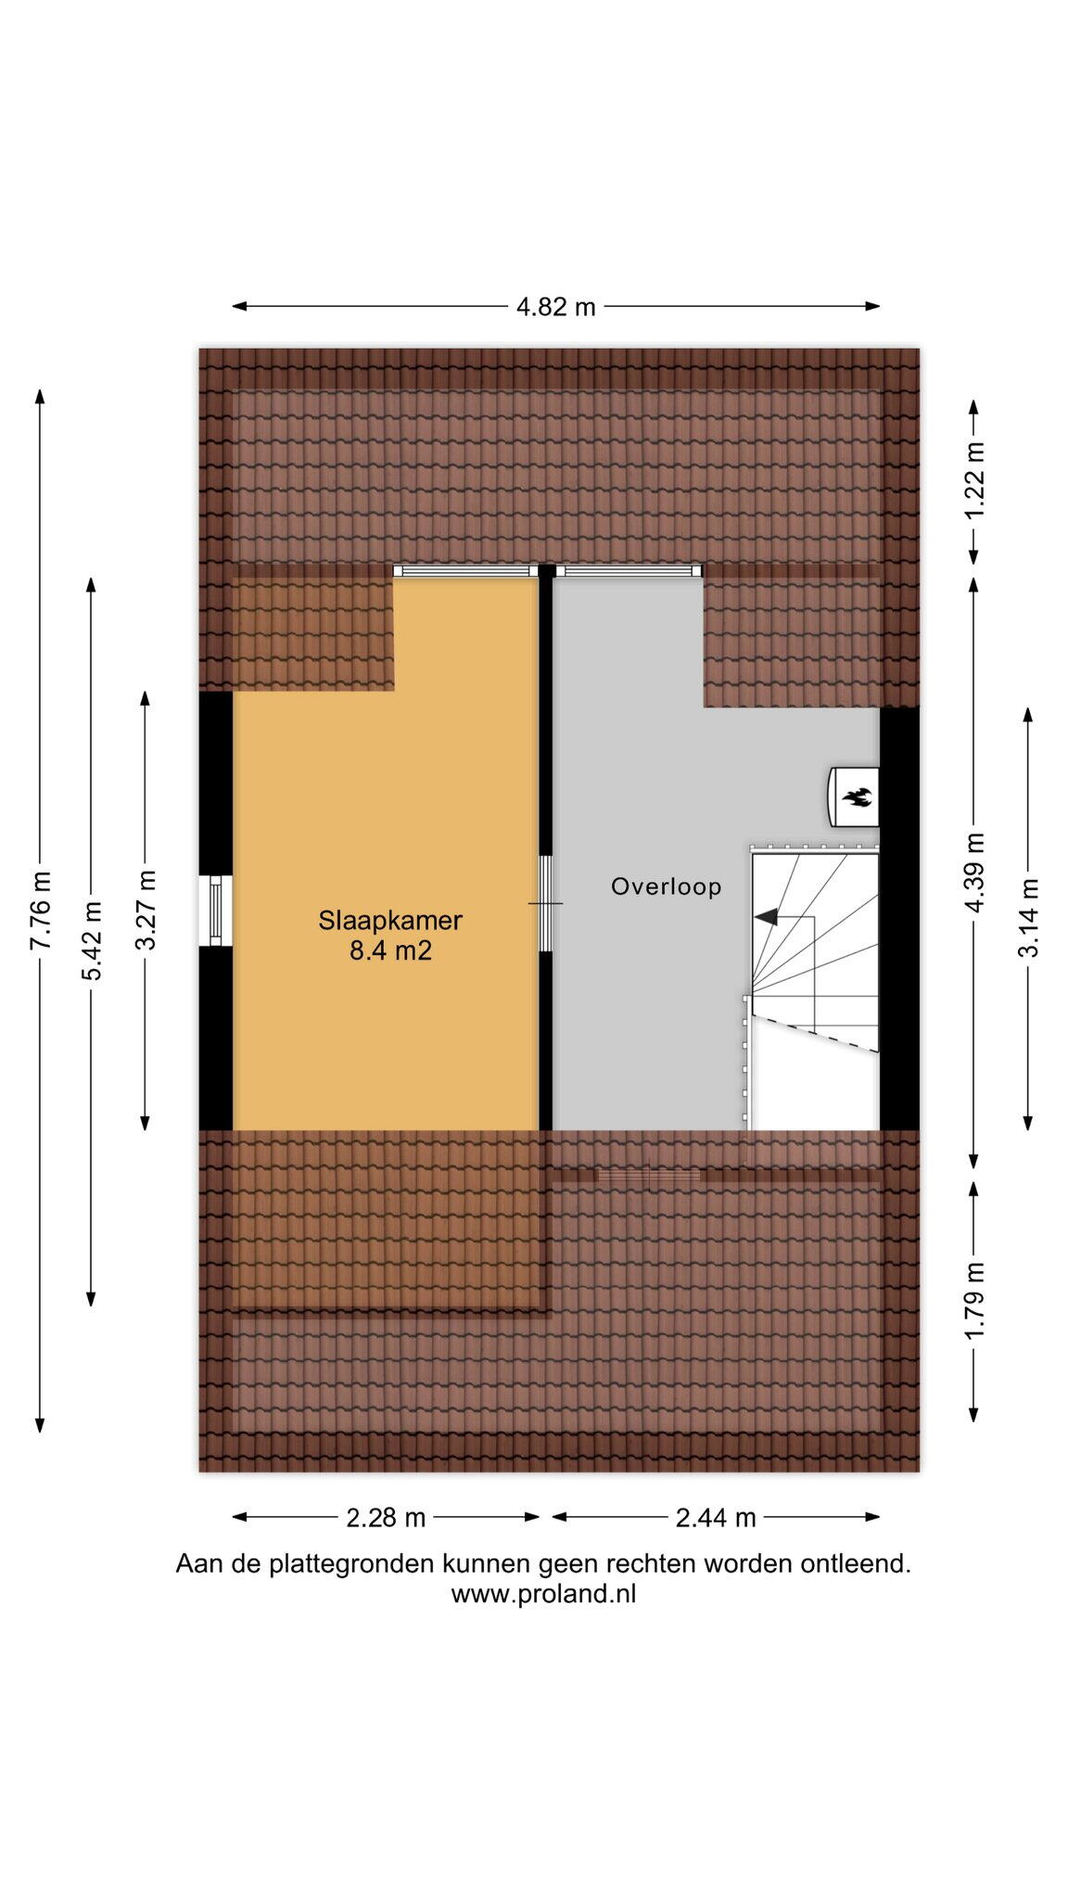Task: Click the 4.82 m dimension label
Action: [x=555, y=307]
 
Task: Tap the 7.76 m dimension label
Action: [x=41, y=911]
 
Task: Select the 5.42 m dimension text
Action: [x=92, y=940]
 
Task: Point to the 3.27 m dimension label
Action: [x=146, y=910]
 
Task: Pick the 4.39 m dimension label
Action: [x=974, y=872]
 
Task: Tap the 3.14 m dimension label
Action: [x=1028, y=917]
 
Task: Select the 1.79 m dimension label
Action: [x=974, y=1300]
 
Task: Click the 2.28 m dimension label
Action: [x=386, y=1518]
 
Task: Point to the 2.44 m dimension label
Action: [x=716, y=1518]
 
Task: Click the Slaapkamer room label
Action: [x=390, y=921]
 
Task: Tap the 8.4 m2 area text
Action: [x=390, y=950]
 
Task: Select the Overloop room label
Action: [x=666, y=886]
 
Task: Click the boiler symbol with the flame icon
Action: [x=852, y=797]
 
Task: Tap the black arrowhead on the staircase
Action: [x=766, y=917]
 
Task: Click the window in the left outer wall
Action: [x=216, y=911]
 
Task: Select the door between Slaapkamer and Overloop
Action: [x=546, y=903]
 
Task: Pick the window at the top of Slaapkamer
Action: [x=466, y=571]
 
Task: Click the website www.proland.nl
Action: [x=543, y=1594]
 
